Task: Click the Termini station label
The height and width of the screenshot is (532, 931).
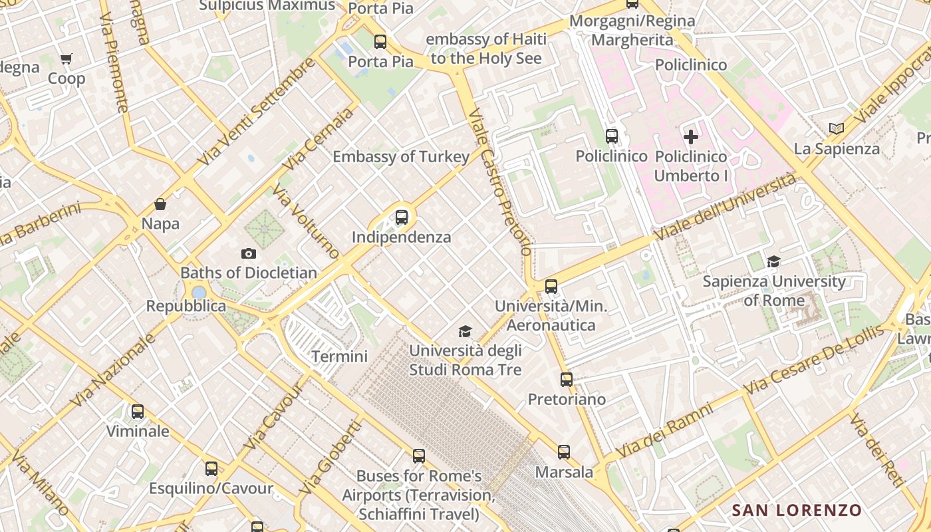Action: click(339, 356)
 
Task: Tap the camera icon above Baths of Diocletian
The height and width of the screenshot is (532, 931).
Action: click(249, 253)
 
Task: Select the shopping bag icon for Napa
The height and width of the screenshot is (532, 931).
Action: click(160, 204)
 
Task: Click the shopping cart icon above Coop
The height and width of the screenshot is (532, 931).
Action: click(66, 59)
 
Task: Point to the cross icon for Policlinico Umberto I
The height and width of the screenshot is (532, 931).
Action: click(691, 137)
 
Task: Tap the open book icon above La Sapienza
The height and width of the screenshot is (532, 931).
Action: click(837, 128)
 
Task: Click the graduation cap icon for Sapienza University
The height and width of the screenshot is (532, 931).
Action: click(773, 262)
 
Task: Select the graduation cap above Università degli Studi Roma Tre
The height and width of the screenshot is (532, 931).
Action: click(465, 331)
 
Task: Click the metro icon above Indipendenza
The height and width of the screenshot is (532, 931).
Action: click(402, 217)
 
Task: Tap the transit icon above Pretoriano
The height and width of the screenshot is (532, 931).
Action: click(567, 380)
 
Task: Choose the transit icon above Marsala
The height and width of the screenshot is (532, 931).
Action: click(564, 452)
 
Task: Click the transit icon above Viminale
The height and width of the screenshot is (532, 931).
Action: click(138, 412)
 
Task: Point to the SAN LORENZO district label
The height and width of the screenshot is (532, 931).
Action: click(797, 511)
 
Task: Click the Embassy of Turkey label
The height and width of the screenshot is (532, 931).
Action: click(401, 157)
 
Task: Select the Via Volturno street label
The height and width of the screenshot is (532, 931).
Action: click(307, 221)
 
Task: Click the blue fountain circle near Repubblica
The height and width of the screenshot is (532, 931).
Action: click(199, 293)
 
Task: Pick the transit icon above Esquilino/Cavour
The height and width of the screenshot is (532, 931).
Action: click(211, 469)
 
